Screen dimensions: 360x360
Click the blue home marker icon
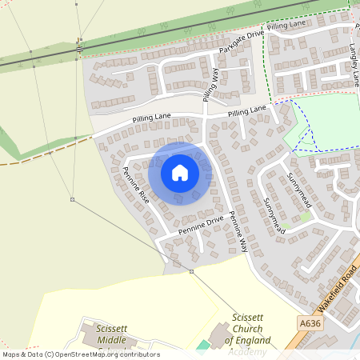180,173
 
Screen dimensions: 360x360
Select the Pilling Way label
211,84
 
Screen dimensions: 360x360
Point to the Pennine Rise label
136,186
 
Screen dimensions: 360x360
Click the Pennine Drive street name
201,225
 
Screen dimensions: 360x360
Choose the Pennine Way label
239,234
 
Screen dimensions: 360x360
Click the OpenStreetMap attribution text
80,354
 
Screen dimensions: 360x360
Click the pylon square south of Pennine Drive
191,272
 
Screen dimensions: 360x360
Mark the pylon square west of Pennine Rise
72,199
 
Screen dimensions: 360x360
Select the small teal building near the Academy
202,345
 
